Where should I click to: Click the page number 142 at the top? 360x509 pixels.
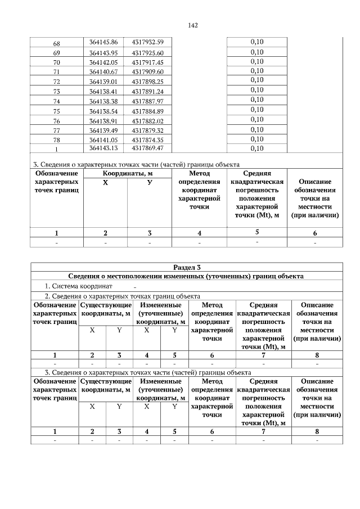tap(191, 25)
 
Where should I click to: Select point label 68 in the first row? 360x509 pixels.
tap(56, 43)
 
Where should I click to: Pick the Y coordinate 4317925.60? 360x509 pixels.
tap(148, 52)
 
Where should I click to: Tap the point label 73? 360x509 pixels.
tap(56, 91)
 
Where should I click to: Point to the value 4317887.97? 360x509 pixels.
tap(148, 101)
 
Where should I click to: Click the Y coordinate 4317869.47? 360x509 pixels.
tap(148, 148)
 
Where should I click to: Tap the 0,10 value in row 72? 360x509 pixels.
tap(256, 81)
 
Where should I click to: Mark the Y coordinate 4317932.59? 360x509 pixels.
tap(148, 42)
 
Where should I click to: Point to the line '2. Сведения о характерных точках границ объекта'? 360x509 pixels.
tap(122, 296)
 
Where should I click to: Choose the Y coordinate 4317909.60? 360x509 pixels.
tap(148, 71)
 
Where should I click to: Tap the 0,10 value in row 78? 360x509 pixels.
tap(256, 139)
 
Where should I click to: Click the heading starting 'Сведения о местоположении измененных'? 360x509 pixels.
tap(186, 277)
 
